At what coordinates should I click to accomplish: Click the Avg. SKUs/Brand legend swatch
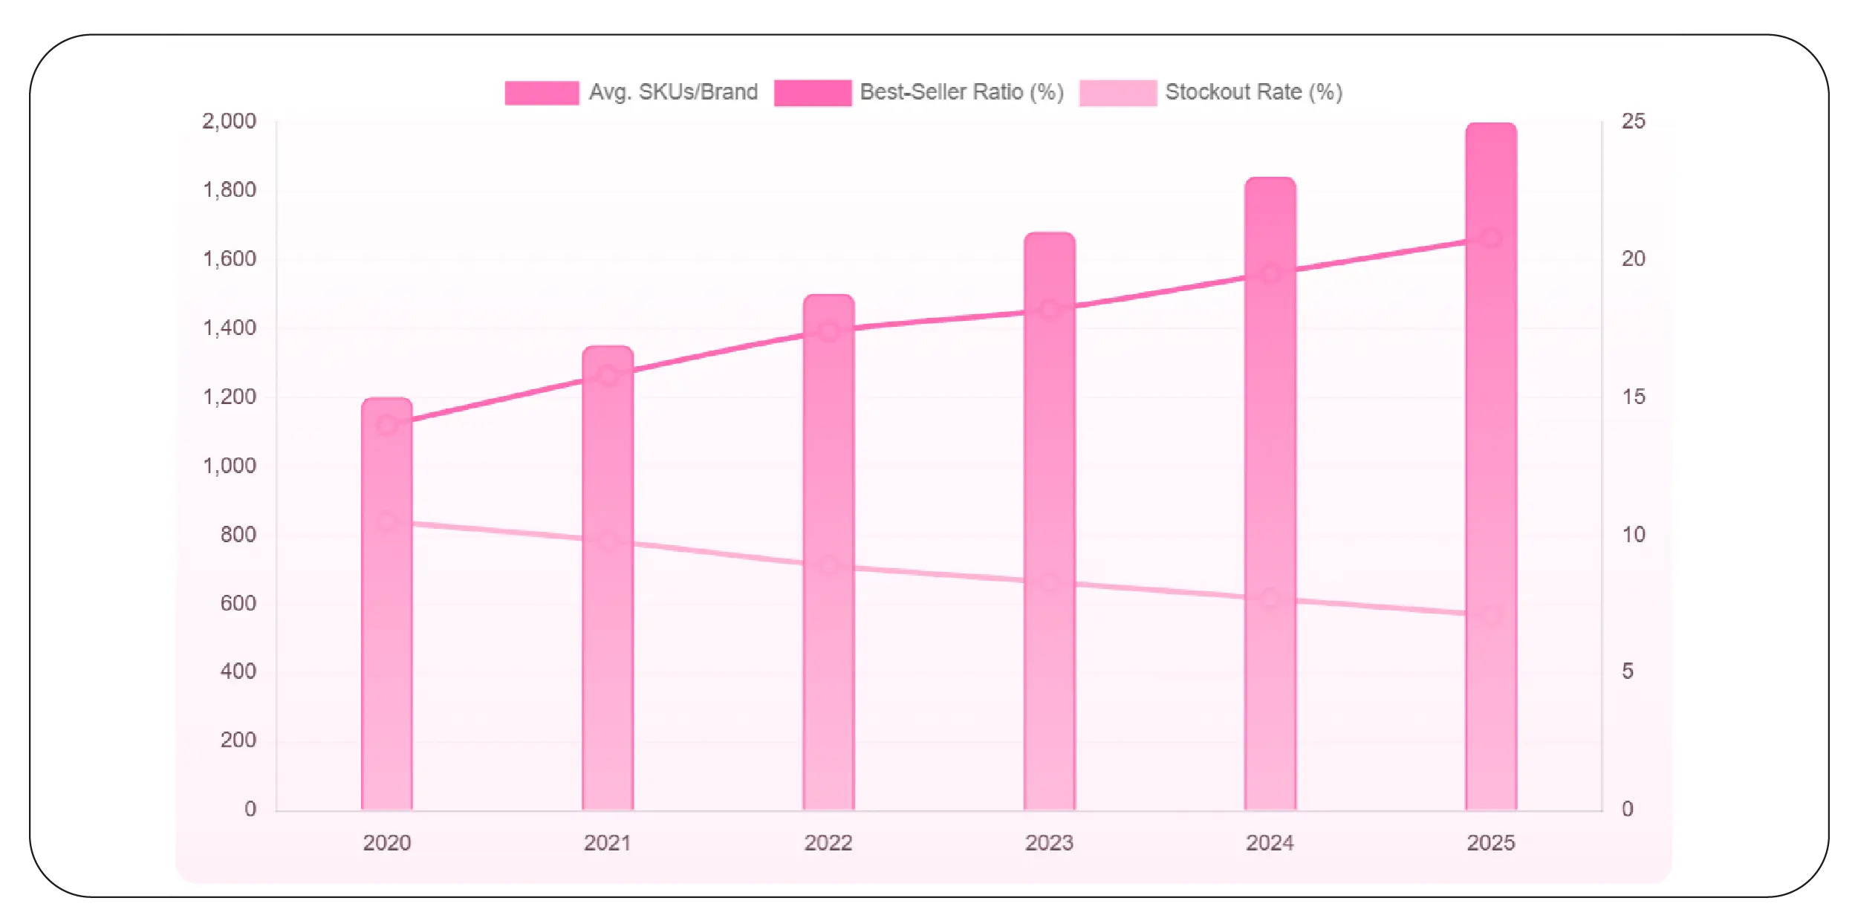tap(542, 93)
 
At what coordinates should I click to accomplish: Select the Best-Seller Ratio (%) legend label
tap(961, 92)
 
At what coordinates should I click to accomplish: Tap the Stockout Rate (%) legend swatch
tap(1117, 93)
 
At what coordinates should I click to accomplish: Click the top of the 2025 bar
tap(1490, 125)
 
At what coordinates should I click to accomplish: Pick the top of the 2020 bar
tap(386, 400)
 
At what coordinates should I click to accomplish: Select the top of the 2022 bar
tap(828, 296)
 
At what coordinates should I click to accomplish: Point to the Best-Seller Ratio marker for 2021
tap(608, 375)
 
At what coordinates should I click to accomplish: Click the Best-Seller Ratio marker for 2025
tap(1490, 238)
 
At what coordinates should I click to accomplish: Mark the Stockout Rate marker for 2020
tap(386, 521)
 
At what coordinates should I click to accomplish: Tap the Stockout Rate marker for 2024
tap(1270, 598)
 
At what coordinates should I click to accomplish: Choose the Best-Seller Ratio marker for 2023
tap(1049, 310)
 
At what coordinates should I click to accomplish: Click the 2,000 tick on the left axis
tap(229, 121)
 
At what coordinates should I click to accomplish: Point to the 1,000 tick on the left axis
tap(229, 466)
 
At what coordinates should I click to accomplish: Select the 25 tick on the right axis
tap(1633, 121)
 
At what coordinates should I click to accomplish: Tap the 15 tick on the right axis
tap(1633, 397)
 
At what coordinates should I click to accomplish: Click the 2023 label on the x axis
tap(1049, 843)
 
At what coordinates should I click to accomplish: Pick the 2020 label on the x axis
tap(386, 843)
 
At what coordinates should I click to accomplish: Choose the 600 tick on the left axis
tap(238, 603)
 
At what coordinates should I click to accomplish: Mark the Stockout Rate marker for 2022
tap(828, 565)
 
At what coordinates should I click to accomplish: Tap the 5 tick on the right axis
tap(1627, 671)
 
